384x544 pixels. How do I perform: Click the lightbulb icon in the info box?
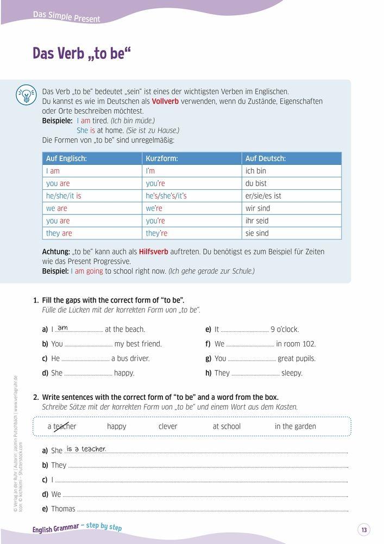pos(25,94)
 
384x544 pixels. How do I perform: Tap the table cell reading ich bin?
pos(256,171)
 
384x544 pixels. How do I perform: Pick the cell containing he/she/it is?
pos(64,196)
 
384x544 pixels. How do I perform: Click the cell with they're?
pos(156,233)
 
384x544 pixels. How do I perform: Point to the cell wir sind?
pos(257,208)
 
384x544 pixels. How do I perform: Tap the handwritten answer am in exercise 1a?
pos(62,327)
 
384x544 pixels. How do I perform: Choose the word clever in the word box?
pos(168,426)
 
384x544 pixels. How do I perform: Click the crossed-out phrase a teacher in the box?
pos(62,426)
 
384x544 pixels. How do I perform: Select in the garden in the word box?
pos(295,426)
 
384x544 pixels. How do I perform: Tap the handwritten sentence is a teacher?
pos(86,449)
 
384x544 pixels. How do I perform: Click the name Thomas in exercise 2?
pos(63,509)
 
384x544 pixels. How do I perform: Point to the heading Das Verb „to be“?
pos(82,54)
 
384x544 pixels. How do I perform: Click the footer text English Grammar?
pos(55,528)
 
